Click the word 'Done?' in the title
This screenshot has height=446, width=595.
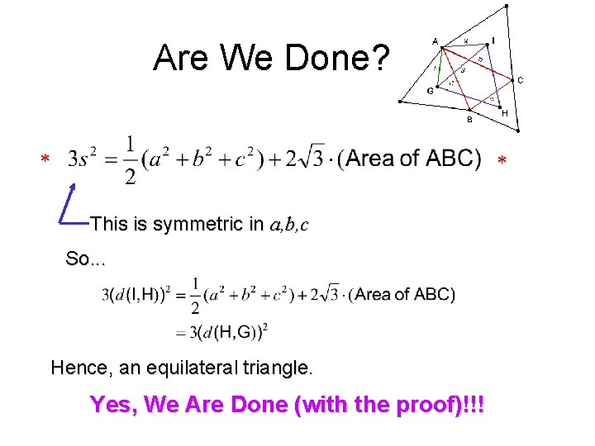tap(346, 58)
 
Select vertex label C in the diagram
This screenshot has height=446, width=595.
tap(520, 80)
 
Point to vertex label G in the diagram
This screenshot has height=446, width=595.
tap(430, 91)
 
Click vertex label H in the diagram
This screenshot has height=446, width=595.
tap(505, 113)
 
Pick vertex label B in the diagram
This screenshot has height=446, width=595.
tap(469, 120)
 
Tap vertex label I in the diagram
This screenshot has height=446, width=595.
tap(493, 40)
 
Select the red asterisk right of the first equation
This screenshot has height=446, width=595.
tap(500, 159)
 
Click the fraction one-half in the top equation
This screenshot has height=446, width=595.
tap(129, 160)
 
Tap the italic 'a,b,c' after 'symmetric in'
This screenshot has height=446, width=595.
tap(288, 224)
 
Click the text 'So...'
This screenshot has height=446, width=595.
tap(86, 259)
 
